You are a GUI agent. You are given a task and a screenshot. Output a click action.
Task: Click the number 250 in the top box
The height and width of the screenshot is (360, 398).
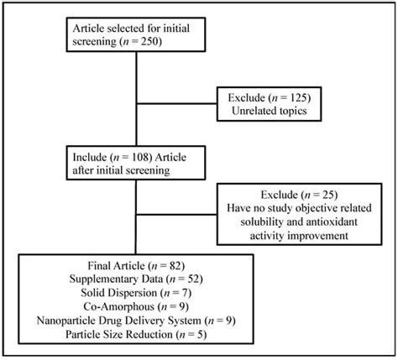point(158,39)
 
